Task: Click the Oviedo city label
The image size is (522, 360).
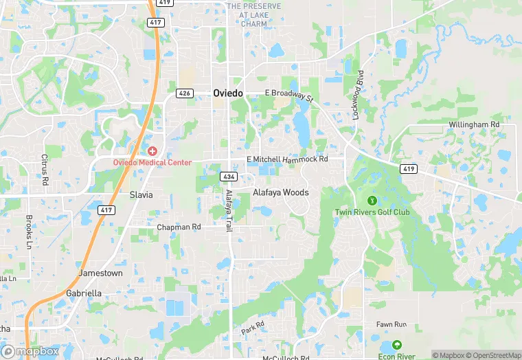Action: pyautogui.click(x=227, y=93)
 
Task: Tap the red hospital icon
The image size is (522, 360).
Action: pyautogui.click(x=152, y=150)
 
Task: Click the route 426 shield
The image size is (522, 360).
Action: pyautogui.click(x=183, y=93)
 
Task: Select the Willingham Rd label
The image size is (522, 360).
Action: pyautogui.click(x=473, y=124)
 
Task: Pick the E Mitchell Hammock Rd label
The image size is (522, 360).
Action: pyautogui.click(x=287, y=159)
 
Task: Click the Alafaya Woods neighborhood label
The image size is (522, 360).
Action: pyautogui.click(x=281, y=192)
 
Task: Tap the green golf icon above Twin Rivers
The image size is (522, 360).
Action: pyautogui.click(x=372, y=200)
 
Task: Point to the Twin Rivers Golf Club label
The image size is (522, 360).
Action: pyautogui.click(x=372, y=212)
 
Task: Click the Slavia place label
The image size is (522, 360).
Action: pyautogui.click(x=141, y=194)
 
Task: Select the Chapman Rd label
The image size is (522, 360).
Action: pyautogui.click(x=179, y=227)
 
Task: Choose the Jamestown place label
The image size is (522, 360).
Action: pyautogui.click(x=100, y=273)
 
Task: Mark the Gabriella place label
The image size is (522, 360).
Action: pyautogui.click(x=84, y=293)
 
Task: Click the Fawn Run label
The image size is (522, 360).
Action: pyautogui.click(x=391, y=324)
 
